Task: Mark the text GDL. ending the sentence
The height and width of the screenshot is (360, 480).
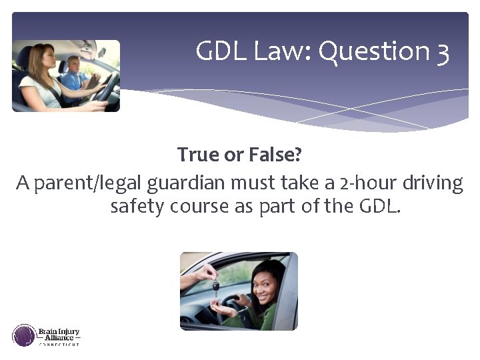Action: (x=379, y=206)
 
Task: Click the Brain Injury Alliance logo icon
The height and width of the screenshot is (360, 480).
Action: (x=24, y=335)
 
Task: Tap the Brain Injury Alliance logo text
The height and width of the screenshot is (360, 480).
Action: (x=59, y=335)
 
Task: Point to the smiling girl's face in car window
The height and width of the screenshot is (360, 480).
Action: (x=265, y=280)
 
